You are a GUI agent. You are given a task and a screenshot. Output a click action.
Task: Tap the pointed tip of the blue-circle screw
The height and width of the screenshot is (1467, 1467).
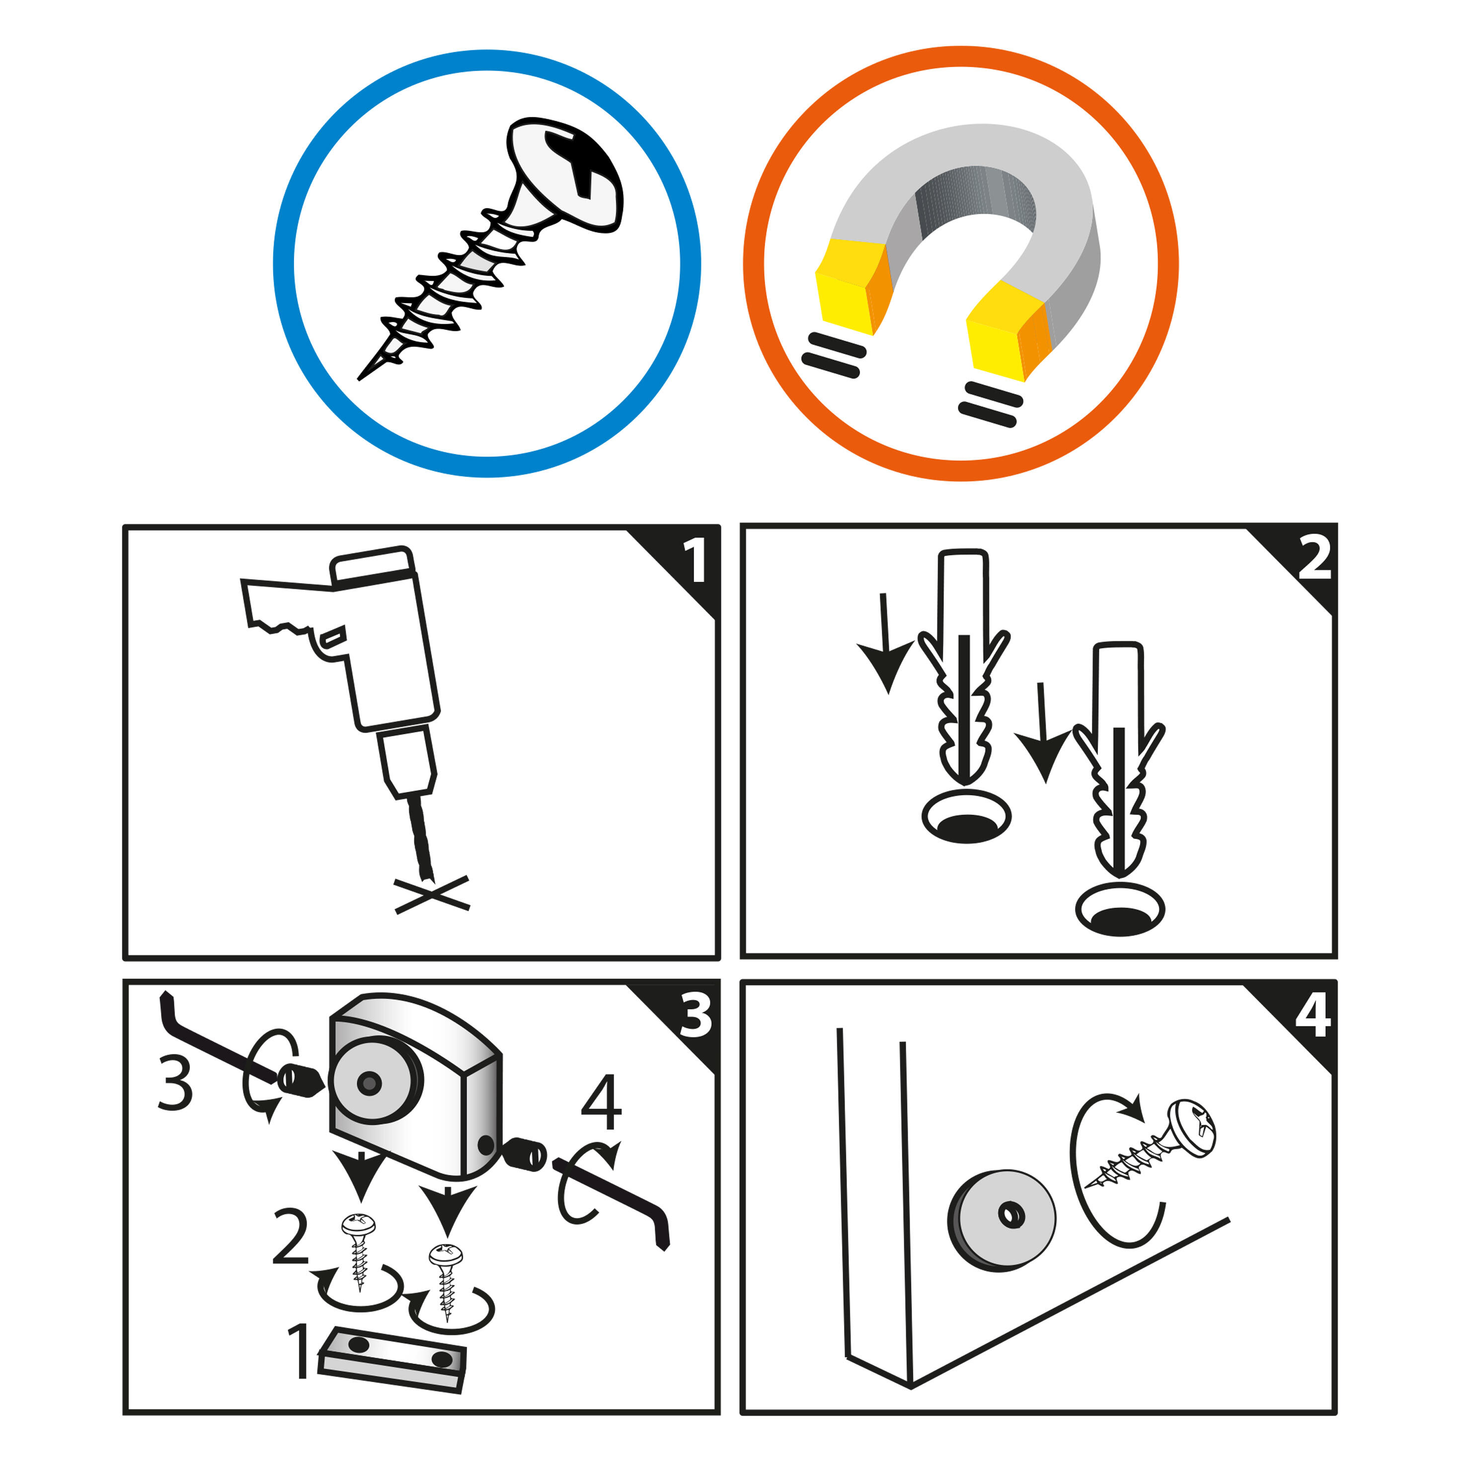point(359,379)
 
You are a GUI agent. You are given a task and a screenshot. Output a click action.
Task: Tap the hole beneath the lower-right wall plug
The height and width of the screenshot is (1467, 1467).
point(1120,910)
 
